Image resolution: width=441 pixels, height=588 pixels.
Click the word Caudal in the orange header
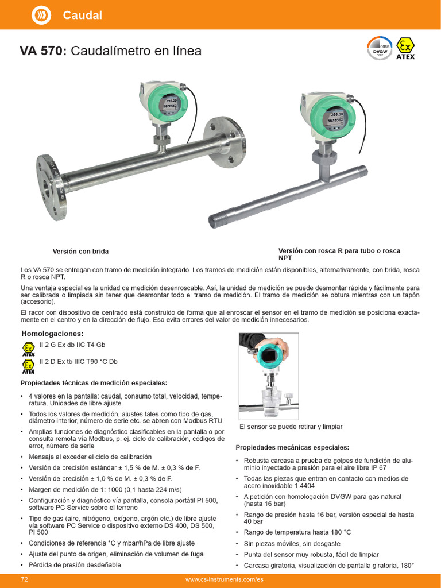pyautogui.click(x=82, y=16)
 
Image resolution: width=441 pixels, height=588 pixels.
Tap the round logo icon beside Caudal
pyautogui.click(x=41, y=16)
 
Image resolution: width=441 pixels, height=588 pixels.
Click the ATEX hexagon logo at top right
pyautogui.click(x=406, y=48)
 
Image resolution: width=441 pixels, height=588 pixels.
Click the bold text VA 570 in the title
pyautogui.click(x=44, y=51)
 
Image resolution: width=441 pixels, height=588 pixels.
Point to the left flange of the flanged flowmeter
pyautogui.click(x=50, y=179)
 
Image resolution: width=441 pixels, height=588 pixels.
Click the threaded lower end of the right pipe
pyautogui.click(x=218, y=219)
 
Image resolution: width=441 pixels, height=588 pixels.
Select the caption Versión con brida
pyautogui.click(x=80, y=252)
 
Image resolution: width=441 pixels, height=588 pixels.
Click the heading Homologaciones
pyautogui.click(x=52, y=334)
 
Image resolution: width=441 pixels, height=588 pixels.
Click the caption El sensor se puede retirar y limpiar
pyautogui.click(x=291, y=427)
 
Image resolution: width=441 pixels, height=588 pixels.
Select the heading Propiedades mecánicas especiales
pyautogui.click(x=292, y=447)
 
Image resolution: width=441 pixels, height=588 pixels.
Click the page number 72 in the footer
pyautogui.click(x=25, y=579)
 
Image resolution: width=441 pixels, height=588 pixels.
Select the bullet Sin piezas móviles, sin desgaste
pyautogui.click(x=292, y=543)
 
